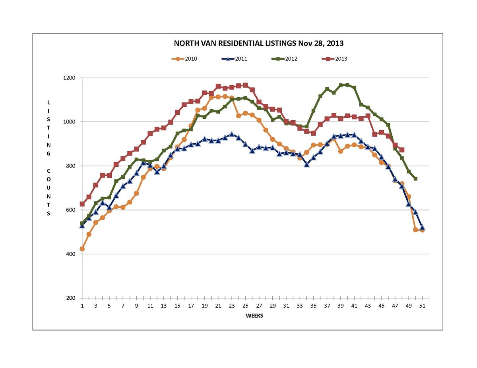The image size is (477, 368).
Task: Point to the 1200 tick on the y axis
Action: click(x=71, y=78)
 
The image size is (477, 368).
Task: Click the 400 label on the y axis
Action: click(x=72, y=254)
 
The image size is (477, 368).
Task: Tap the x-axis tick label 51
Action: click(x=422, y=306)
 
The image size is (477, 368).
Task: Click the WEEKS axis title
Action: click(x=254, y=316)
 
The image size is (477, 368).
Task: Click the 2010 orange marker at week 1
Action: click(x=82, y=249)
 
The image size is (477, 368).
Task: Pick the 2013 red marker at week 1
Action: click(x=82, y=204)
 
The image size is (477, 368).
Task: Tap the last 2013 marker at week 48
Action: click(x=402, y=150)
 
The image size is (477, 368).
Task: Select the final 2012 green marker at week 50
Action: click(x=415, y=179)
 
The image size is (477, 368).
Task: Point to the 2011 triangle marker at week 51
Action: click(x=422, y=228)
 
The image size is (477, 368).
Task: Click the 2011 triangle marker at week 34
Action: click(x=306, y=164)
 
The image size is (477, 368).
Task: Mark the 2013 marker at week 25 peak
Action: click(x=245, y=85)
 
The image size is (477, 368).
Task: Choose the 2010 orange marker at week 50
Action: click(x=415, y=230)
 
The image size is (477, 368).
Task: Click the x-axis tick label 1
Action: click(x=82, y=306)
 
